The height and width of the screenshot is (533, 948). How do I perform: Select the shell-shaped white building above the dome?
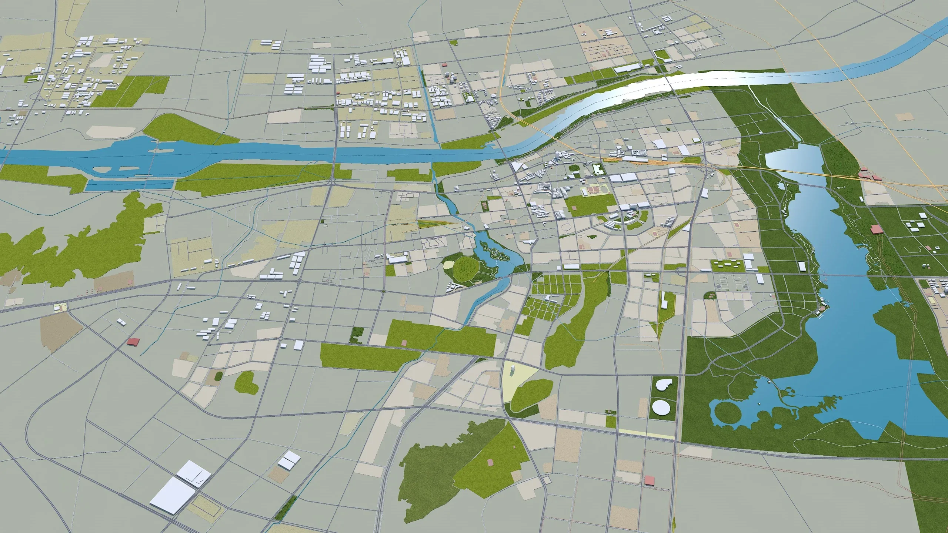point(661,385)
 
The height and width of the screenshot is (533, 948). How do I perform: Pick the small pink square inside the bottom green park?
point(491,462)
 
